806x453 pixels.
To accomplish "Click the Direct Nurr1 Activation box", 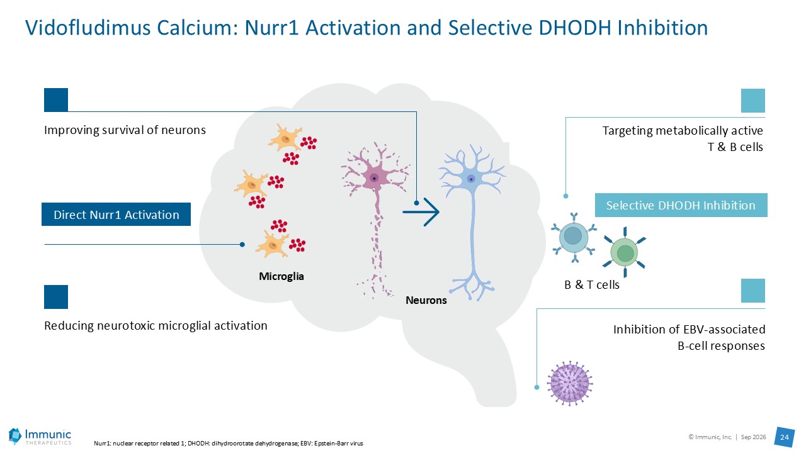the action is click(116, 215).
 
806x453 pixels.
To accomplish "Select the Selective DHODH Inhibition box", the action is click(681, 205).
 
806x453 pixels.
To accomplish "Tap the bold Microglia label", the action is click(281, 276).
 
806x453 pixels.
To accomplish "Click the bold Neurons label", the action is click(426, 300).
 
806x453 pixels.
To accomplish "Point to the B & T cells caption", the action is click(592, 284).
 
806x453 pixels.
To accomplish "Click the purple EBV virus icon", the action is click(570, 383).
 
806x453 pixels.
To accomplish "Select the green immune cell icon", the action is click(625, 252).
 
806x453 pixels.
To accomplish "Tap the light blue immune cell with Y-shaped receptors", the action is click(574, 237).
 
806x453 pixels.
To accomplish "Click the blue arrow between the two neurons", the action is click(421, 212).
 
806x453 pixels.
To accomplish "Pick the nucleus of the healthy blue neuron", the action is click(470, 179).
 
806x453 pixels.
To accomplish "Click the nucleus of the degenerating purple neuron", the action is click(374, 178).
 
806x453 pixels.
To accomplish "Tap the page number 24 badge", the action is click(785, 437).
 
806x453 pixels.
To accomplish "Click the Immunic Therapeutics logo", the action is click(40, 437).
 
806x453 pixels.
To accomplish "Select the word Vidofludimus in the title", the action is click(88, 28).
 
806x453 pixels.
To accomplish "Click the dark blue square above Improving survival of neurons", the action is click(56, 100).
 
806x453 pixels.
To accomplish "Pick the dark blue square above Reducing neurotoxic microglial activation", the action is click(56, 297).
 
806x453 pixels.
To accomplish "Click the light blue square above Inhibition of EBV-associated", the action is click(753, 291).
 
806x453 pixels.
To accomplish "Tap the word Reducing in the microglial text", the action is click(69, 326).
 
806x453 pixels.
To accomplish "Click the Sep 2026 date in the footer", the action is click(754, 437).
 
